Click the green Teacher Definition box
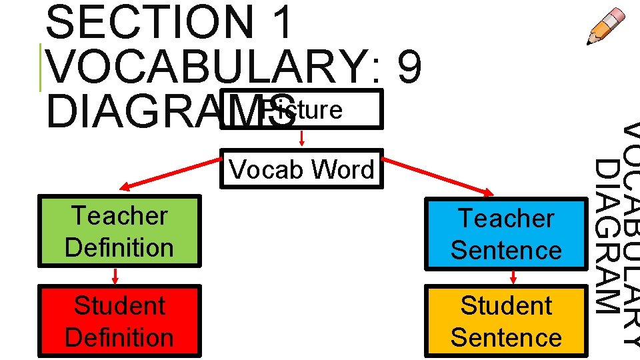119,231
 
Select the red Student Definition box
119,321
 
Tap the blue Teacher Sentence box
506,234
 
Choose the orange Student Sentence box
506,321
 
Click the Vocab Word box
302,169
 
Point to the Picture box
301,109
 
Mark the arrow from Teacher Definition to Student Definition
115,276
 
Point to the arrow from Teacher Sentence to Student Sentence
513,277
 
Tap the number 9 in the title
409,68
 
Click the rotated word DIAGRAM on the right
606,236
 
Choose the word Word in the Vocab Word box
343,169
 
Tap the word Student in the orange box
506,306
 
